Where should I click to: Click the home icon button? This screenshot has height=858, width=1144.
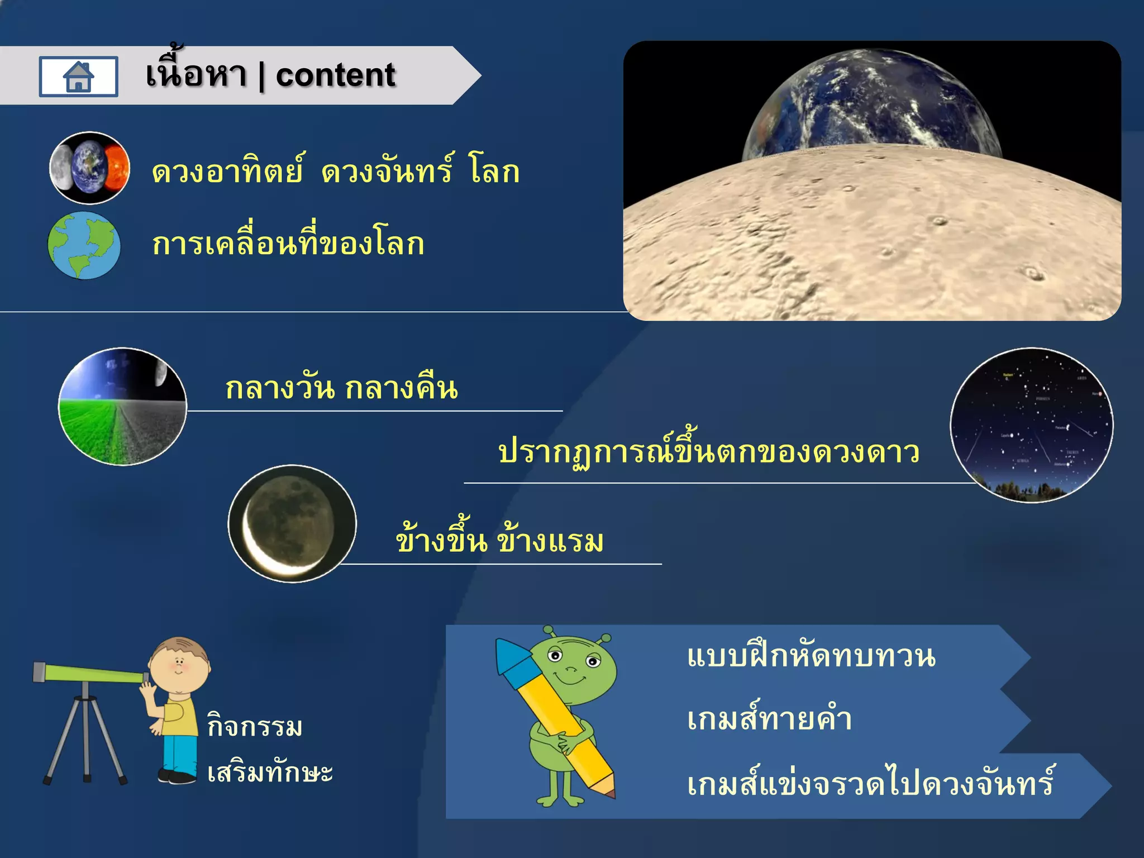point(78,77)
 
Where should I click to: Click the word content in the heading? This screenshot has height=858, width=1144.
point(335,75)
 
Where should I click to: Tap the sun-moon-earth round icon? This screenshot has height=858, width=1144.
point(89,168)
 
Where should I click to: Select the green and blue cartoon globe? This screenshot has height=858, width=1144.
point(84,245)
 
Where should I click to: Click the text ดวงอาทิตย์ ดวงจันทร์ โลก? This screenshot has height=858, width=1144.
point(335,170)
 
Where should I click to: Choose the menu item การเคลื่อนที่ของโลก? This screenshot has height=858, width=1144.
point(288,244)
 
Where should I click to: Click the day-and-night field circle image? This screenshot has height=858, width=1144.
point(122,407)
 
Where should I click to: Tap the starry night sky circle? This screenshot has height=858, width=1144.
point(1031,425)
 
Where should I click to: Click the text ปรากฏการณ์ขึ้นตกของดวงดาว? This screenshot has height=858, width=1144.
point(708,451)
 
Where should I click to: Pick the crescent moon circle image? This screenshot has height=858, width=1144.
point(292,523)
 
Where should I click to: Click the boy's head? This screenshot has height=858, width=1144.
point(179,665)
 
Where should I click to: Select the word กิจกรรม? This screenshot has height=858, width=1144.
point(255,726)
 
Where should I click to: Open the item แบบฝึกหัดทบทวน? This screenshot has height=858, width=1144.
point(811,656)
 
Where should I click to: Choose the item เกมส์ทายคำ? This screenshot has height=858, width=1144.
point(769,719)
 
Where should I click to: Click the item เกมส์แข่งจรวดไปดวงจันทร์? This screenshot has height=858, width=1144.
point(870,784)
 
